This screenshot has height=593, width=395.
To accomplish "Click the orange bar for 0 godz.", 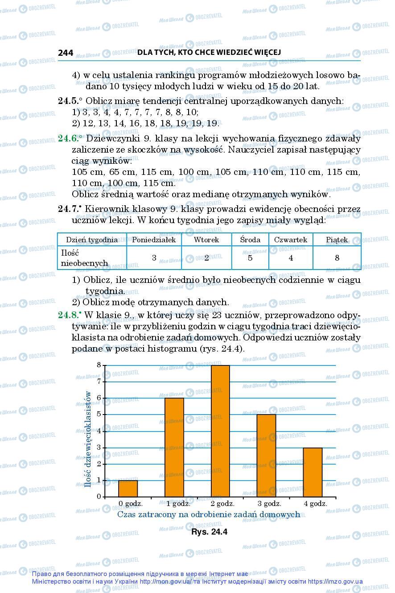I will click(x=128, y=488).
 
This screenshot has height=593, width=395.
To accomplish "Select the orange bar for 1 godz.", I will click(x=174, y=447).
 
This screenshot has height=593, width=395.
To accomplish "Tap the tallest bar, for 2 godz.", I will click(x=220, y=431).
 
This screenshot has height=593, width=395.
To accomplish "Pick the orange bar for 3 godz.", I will click(x=267, y=455).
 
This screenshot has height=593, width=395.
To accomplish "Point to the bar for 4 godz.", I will click(x=313, y=472).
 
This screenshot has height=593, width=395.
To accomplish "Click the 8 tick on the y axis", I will click(x=99, y=365).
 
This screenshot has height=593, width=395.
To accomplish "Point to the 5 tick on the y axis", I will click(x=99, y=415).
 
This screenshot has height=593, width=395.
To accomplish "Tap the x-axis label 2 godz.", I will click(x=222, y=503).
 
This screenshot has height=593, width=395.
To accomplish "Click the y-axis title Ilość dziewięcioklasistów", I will click(x=89, y=445).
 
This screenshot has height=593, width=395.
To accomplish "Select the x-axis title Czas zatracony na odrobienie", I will click(x=208, y=514).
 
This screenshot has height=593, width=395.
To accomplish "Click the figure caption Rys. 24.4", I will click(x=209, y=532).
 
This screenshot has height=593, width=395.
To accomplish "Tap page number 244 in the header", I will click(x=66, y=53).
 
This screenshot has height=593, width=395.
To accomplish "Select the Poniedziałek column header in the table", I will click(x=154, y=240).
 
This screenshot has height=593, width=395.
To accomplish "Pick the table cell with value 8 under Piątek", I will click(x=337, y=257).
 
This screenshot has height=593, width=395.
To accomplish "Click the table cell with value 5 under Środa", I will click(x=250, y=257).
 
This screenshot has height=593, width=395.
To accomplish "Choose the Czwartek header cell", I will click(x=291, y=240).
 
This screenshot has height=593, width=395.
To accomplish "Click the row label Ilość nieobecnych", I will click(x=85, y=258).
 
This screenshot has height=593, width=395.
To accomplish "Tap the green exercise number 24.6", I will click(x=68, y=139).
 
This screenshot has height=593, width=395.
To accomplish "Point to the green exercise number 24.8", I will click(x=68, y=315).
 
